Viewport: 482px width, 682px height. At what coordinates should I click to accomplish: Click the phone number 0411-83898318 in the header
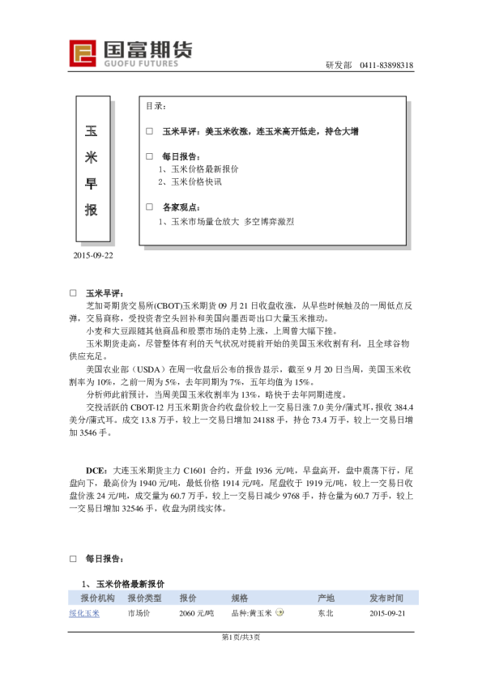coord(387,66)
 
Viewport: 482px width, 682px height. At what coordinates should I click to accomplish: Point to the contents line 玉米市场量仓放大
coord(198,220)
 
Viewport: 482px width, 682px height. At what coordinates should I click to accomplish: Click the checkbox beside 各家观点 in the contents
coord(149,207)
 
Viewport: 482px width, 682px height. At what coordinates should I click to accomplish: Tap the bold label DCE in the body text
coord(95,469)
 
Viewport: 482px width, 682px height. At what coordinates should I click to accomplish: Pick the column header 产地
coord(326,598)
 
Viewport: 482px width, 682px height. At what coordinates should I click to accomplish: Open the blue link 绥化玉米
coord(84,614)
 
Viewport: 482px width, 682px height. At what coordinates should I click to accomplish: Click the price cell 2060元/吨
coord(196,614)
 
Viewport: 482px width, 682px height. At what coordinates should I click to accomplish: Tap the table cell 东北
coord(326,614)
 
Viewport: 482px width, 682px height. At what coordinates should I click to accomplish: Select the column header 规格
coord(240,598)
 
